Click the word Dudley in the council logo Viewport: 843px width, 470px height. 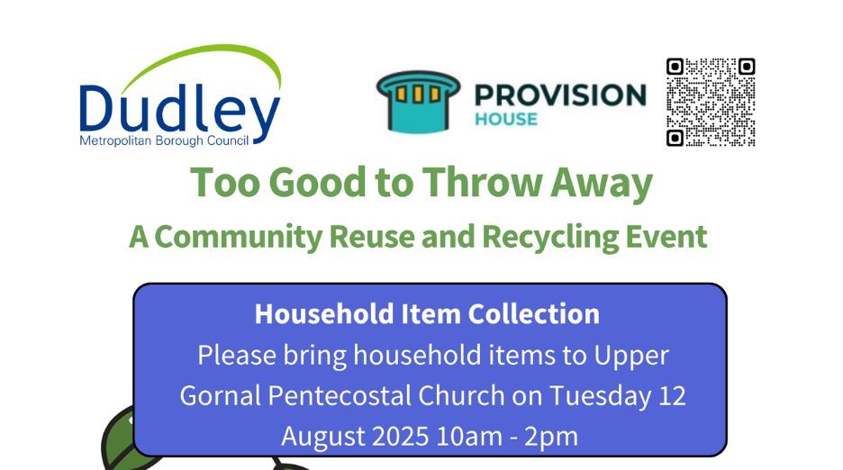pyautogui.click(x=179, y=109)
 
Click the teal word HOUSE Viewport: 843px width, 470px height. pyautogui.click(x=505, y=119)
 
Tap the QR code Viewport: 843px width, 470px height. pyautogui.click(x=711, y=102)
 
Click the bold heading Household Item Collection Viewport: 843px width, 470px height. pyautogui.click(x=427, y=313)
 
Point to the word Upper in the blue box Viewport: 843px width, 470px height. pyautogui.click(x=630, y=355)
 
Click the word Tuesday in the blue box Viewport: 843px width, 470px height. pyautogui.click(x=592, y=395)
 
